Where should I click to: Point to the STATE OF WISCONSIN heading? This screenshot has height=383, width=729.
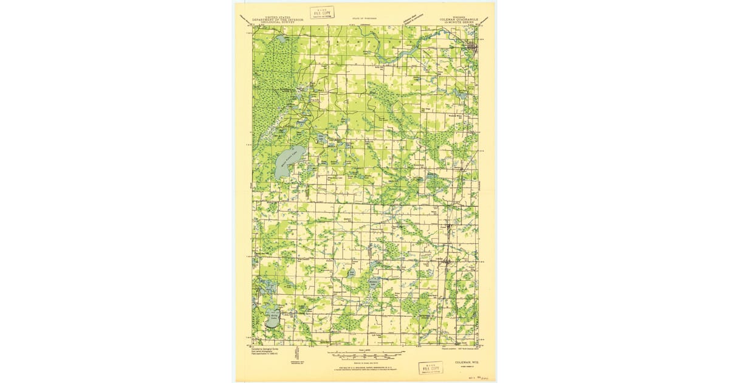[364, 19]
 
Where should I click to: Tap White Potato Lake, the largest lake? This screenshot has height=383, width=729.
[287, 162]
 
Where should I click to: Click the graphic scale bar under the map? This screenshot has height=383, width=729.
[364, 355]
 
